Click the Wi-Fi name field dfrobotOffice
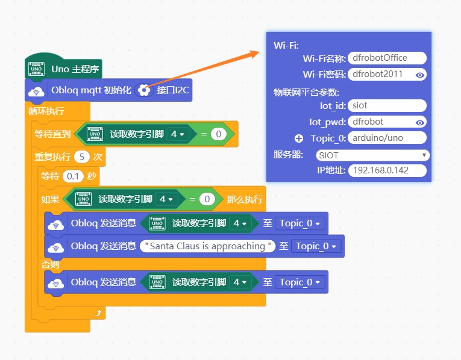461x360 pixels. (x=387, y=58)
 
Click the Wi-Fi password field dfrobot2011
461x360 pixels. (x=381, y=75)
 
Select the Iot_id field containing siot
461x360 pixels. (x=387, y=105)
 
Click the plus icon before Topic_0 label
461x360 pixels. (x=298, y=138)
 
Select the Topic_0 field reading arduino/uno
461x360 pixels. (x=387, y=138)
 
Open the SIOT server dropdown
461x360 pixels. (x=372, y=155)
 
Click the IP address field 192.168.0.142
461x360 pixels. (x=387, y=170)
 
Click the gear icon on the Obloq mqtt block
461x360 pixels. (x=143, y=90)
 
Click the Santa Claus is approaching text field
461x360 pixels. (x=207, y=246)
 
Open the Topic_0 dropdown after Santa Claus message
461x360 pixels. (x=316, y=246)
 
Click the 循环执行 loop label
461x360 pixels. (x=46, y=111)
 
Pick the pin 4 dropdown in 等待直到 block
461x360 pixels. (x=178, y=134)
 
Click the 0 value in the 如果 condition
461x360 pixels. (x=207, y=199)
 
